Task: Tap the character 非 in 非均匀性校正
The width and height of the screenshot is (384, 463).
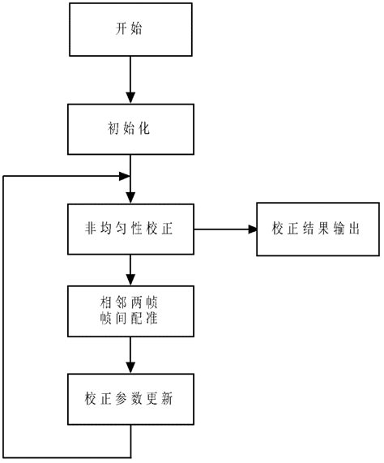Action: coord(91,229)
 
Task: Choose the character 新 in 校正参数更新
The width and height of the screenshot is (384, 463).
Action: coord(173,401)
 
